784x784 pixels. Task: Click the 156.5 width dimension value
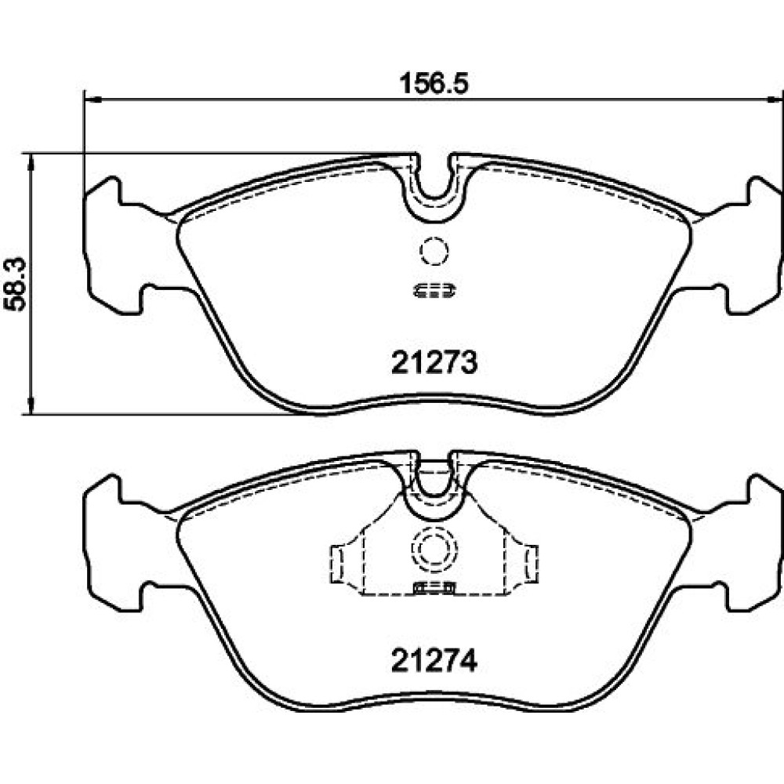click(x=434, y=84)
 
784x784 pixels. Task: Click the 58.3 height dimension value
click(x=16, y=285)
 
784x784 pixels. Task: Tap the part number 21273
click(x=434, y=362)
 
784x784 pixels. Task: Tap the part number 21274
click(x=434, y=661)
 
